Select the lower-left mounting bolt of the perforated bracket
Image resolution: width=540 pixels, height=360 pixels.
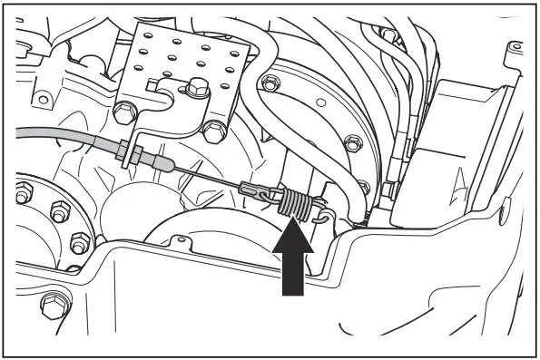pos(127,112)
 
